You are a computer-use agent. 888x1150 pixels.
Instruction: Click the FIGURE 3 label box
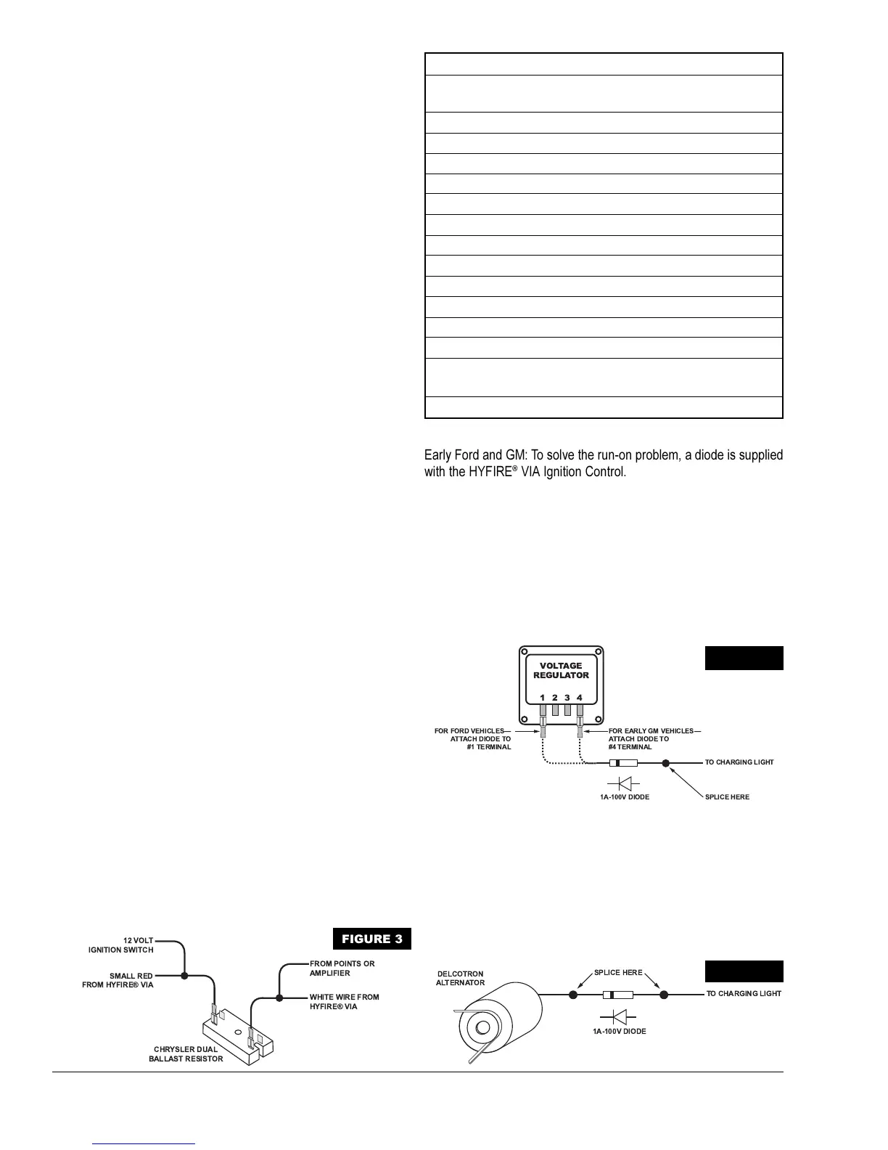pyautogui.click(x=371, y=939)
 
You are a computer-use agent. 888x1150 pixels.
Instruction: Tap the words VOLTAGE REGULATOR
pyautogui.click(x=561, y=670)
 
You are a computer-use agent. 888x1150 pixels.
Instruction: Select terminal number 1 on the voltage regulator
pyautogui.click(x=542, y=698)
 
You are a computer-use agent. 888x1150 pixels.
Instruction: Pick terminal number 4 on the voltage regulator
pyautogui.click(x=580, y=698)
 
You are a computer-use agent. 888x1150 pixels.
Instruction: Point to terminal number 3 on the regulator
pyautogui.click(x=567, y=698)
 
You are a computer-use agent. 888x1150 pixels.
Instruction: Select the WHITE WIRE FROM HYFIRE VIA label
pyautogui.click(x=344, y=1002)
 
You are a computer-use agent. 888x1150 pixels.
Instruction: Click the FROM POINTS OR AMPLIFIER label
pyautogui.click(x=342, y=968)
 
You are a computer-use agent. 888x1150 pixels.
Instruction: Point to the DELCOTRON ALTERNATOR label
pyautogui.click(x=460, y=978)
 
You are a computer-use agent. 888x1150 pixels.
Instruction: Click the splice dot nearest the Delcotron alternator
pyautogui.click(x=573, y=995)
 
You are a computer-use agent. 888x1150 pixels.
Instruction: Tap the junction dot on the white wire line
pyautogui.click(x=279, y=998)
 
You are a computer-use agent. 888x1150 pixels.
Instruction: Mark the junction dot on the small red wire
pyautogui.click(x=185, y=976)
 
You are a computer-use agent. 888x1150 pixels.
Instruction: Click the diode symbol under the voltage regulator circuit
pyautogui.click(x=619, y=783)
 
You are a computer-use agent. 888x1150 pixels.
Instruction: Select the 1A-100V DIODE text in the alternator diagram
pyautogui.click(x=619, y=1031)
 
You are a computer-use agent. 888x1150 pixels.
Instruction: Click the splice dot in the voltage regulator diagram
pyautogui.click(x=665, y=763)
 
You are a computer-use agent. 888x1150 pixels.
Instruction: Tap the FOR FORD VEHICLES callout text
pyautogui.click(x=473, y=738)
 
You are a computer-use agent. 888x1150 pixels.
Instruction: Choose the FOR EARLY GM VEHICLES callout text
pyautogui.click(x=651, y=738)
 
